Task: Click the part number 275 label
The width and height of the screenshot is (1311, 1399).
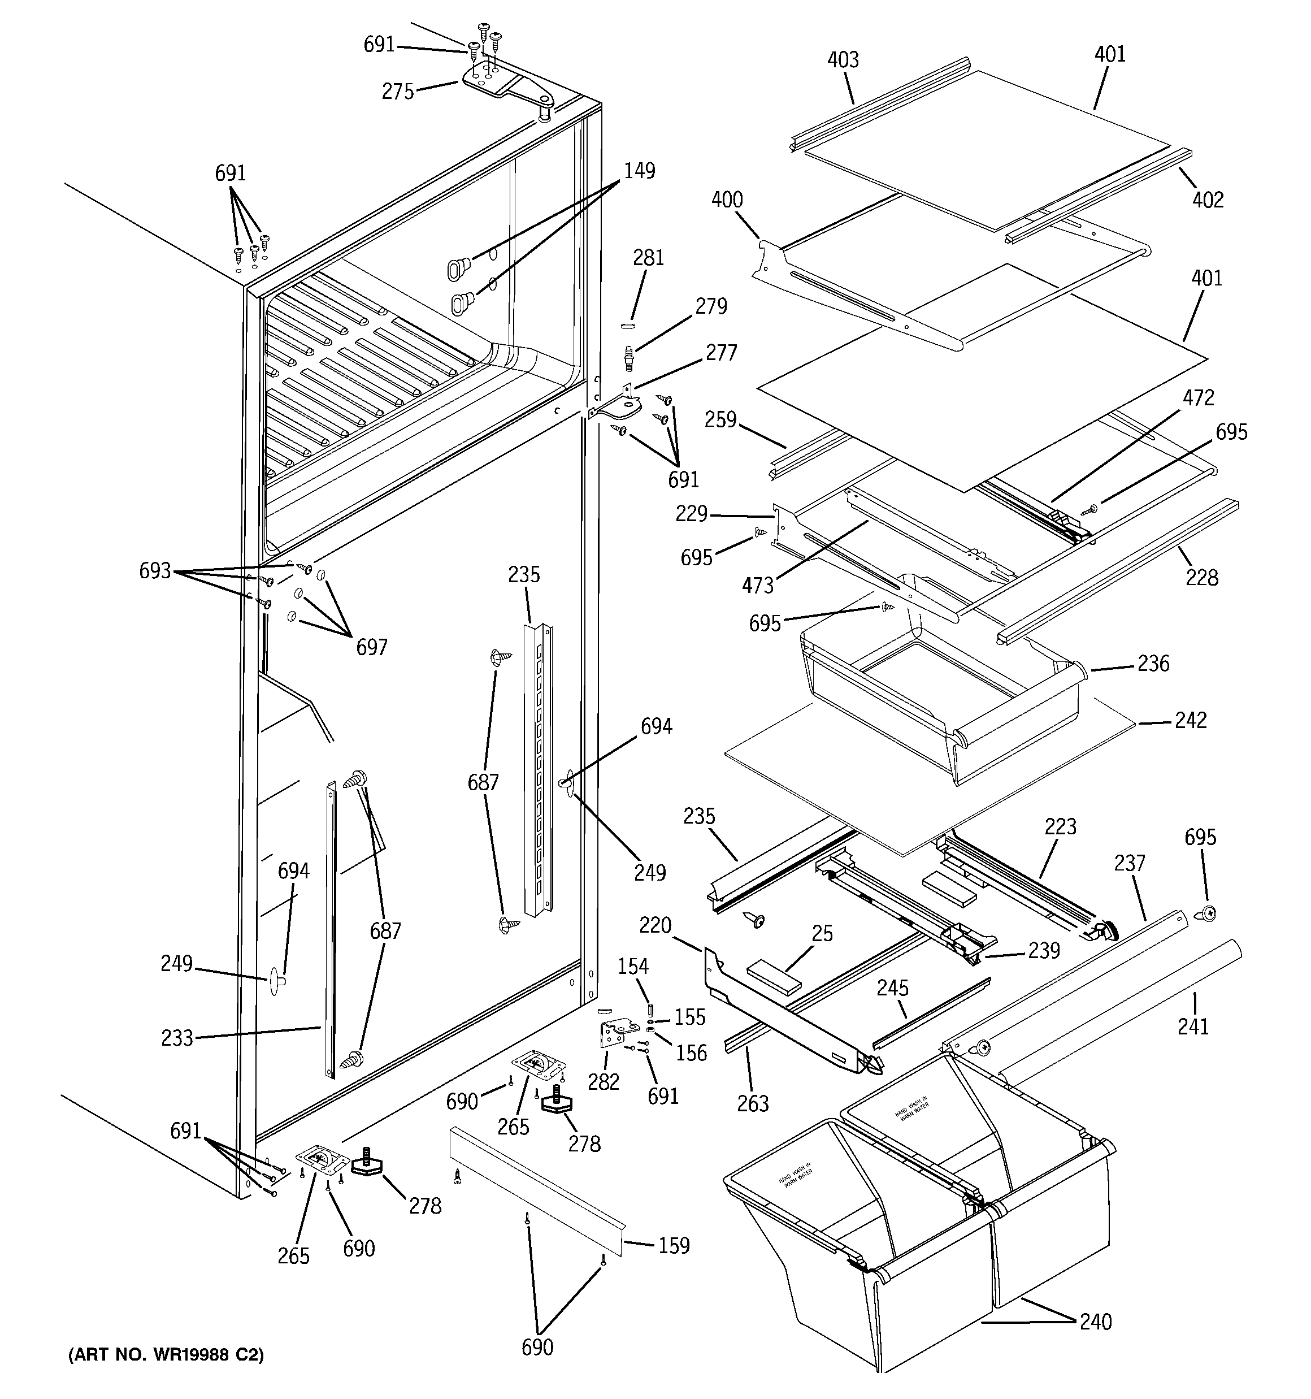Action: (398, 92)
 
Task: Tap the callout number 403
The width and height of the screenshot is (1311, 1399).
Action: (843, 60)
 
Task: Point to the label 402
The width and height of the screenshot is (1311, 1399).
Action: (1208, 200)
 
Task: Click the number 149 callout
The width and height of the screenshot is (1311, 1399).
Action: (639, 171)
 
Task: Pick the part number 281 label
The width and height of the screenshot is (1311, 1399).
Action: (648, 258)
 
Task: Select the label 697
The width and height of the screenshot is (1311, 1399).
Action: (372, 647)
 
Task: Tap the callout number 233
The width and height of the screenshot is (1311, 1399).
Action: (177, 1037)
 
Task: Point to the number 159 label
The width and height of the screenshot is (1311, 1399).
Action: (674, 1246)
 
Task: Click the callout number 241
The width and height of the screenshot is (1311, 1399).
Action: (1193, 1026)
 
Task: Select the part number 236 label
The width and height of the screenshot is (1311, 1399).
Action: (1153, 664)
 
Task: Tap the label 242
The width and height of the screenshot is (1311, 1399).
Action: (1190, 720)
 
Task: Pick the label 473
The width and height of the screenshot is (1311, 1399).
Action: (757, 585)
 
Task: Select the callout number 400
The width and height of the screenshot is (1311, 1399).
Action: (727, 200)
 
